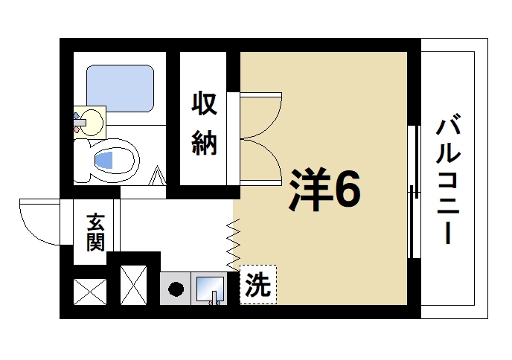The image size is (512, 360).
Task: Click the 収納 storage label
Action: [205, 123]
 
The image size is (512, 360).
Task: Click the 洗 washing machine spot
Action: [257, 285]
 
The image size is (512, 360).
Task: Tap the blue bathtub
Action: [120, 87]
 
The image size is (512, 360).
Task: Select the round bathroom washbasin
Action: [92, 120]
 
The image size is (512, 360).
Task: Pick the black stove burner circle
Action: [176, 289]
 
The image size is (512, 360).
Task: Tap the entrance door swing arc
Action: [41, 223]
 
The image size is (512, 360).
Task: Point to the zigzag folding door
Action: [234, 242]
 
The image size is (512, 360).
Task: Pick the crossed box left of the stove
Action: [135, 284]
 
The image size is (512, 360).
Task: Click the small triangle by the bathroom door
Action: [158, 179]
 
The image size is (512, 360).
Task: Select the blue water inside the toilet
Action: [106, 159]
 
